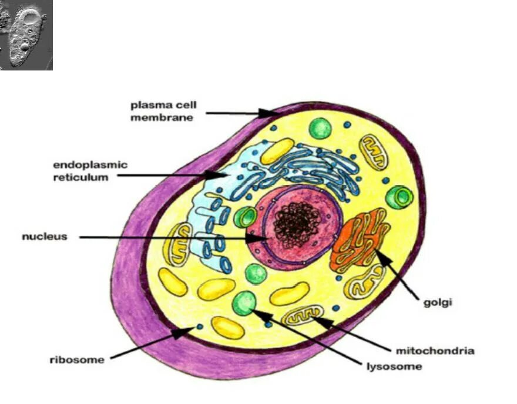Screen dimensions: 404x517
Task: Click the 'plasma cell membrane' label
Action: [163, 111]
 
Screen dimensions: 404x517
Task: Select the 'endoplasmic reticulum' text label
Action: [90, 171]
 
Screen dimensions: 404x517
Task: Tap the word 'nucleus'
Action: [45, 237]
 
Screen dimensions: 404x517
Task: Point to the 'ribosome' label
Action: [76, 359]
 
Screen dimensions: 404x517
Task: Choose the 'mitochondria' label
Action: [435, 351]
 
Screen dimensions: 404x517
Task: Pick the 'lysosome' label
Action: [392, 366]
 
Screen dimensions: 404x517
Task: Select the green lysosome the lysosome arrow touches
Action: [244, 302]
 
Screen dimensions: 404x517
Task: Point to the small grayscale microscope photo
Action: [26, 35]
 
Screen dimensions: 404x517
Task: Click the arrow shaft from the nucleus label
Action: [164, 238]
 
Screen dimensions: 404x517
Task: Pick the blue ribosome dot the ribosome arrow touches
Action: [200, 326]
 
